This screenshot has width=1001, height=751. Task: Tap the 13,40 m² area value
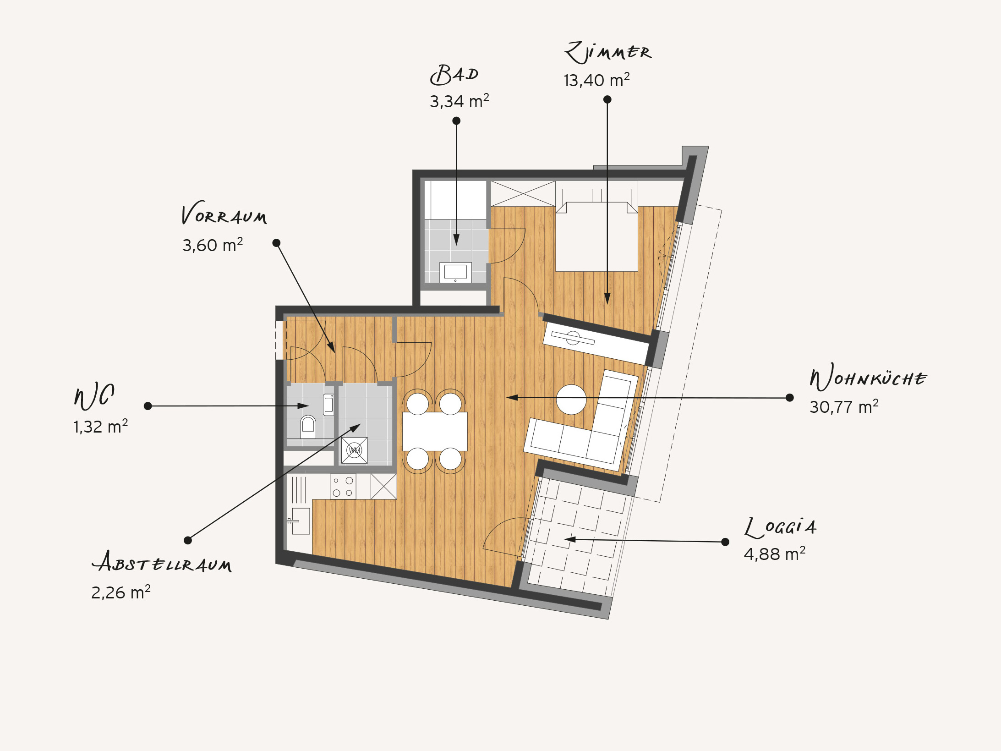[x=596, y=80]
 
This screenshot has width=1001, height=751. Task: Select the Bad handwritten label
[x=454, y=75]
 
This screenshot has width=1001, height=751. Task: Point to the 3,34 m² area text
[x=459, y=101]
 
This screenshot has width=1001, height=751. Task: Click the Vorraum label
[x=224, y=213]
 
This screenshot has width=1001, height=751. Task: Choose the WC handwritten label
[x=94, y=396]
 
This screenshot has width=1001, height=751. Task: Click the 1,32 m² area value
[x=100, y=427]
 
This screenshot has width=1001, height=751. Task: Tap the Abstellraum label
[x=162, y=562]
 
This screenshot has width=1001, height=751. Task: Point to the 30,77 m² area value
[x=844, y=407]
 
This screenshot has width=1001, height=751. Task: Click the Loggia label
[x=780, y=527]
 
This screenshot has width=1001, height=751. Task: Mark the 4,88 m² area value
[x=775, y=554]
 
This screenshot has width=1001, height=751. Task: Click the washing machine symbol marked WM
[x=354, y=450]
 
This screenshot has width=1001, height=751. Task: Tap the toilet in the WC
[x=308, y=427]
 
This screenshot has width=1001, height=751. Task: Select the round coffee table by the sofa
[x=571, y=400]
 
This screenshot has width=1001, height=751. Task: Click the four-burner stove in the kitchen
[x=343, y=487]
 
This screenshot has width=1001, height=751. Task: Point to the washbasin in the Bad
[x=455, y=272]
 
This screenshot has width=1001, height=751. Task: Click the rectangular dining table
[x=435, y=431]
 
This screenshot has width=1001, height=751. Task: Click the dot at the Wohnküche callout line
[x=790, y=398]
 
